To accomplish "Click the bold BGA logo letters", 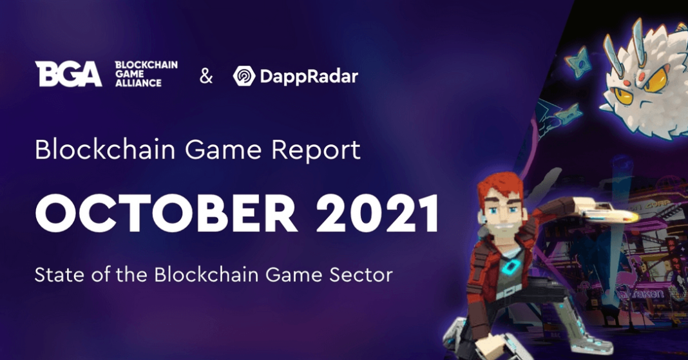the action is coord(68,73).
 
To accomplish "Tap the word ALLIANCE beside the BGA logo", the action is coord(139,83).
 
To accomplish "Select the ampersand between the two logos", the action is coord(205,76).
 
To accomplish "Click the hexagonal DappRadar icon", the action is coord(244,76).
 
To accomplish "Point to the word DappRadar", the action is coord(309,76).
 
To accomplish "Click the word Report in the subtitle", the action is coord(316,151).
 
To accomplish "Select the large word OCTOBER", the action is coord(167,214).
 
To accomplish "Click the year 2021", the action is coord(377,214).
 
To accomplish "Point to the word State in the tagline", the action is coord(55,275).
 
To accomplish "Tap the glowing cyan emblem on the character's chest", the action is coord(510,268).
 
